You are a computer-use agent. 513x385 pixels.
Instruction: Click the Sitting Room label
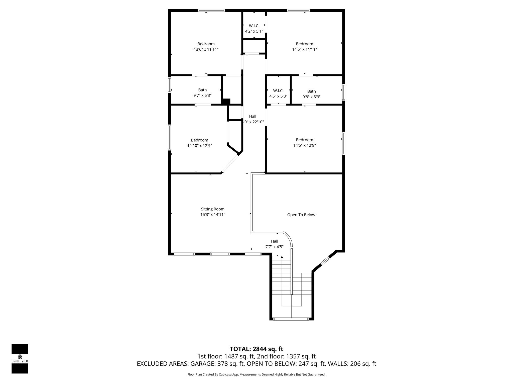(x=213, y=209)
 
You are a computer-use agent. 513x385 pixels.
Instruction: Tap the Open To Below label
(x=301, y=215)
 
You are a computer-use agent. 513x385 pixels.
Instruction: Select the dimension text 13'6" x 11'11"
(x=206, y=49)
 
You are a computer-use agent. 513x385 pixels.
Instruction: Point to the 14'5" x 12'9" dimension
(x=305, y=145)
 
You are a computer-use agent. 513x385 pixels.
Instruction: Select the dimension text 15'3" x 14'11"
(x=213, y=215)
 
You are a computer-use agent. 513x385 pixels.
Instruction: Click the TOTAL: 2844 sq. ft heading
(x=256, y=349)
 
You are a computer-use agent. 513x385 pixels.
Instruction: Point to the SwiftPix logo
(x=20, y=359)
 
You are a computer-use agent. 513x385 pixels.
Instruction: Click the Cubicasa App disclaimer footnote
(x=256, y=374)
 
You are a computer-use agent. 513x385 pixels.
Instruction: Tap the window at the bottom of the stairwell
(x=291, y=319)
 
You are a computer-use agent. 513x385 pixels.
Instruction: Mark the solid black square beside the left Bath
(x=226, y=102)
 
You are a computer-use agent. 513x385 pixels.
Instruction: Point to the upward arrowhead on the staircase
(x=282, y=257)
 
